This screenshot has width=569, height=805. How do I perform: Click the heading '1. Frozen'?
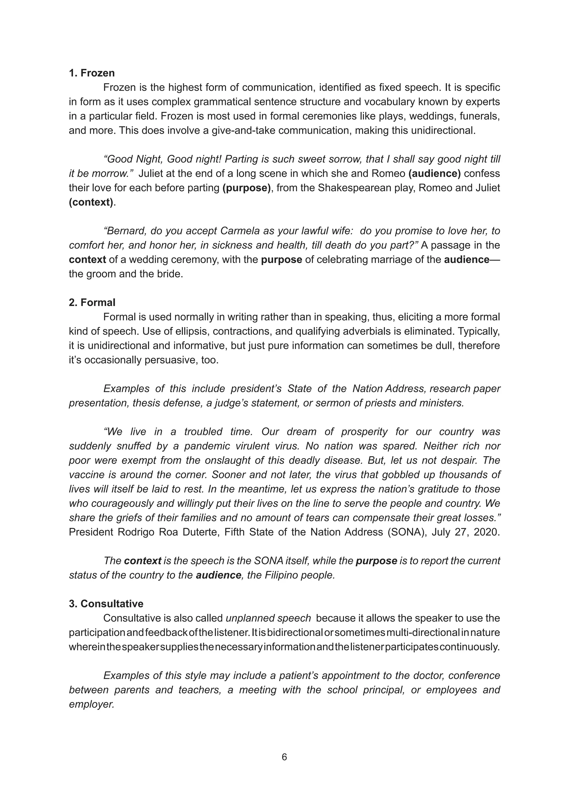(x=92, y=73)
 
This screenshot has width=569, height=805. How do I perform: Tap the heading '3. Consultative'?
(x=106, y=603)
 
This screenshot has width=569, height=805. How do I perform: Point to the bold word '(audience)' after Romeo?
(x=435, y=173)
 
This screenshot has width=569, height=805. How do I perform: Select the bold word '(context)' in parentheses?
(x=91, y=202)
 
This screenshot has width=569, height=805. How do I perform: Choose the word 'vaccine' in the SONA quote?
(x=86, y=475)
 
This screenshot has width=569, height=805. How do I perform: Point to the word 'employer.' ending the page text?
(x=92, y=704)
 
